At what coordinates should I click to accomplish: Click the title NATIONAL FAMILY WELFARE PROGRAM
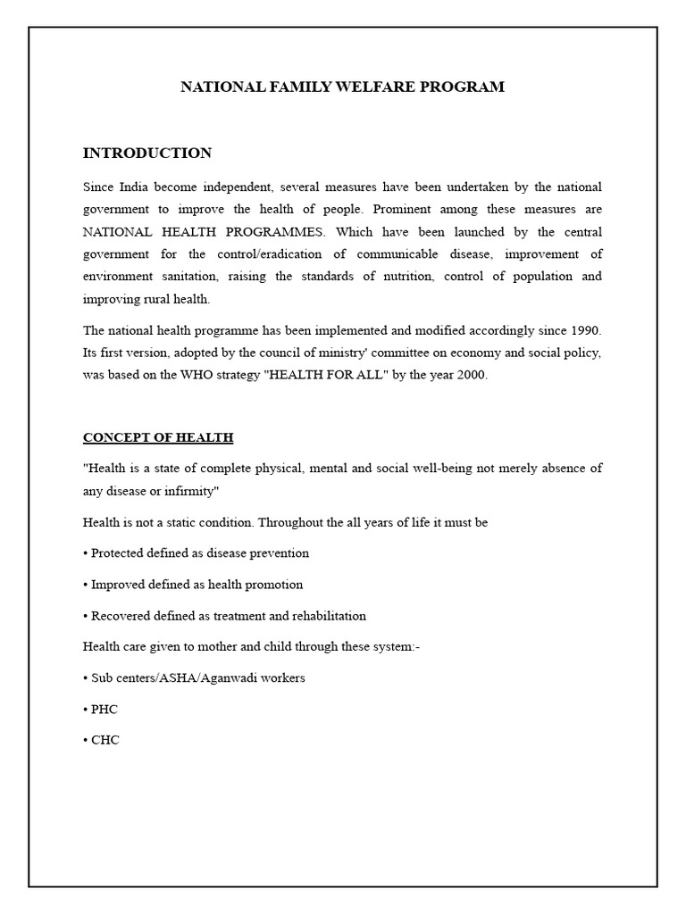click(343, 87)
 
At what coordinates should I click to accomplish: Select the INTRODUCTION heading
click(147, 154)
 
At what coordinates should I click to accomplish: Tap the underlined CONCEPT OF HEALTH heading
click(158, 437)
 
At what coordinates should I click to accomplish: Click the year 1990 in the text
click(585, 330)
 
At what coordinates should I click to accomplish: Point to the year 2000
click(472, 375)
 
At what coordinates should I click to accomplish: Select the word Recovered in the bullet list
click(121, 616)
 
